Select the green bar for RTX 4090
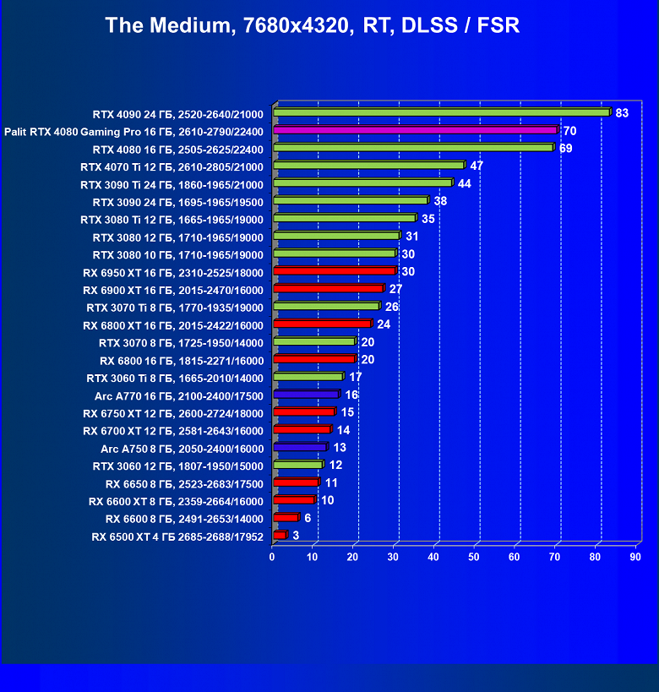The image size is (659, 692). (x=441, y=112)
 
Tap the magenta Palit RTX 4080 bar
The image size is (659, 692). (x=415, y=130)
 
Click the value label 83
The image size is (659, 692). (x=622, y=113)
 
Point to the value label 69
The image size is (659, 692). (x=566, y=148)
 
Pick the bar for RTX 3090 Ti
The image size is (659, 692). (x=362, y=183)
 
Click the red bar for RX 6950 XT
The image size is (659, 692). (x=335, y=271)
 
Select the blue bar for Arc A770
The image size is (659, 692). (x=306, y=395)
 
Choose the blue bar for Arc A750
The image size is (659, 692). (x=300, y=447)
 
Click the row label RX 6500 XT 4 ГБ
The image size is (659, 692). (x=177, y=537)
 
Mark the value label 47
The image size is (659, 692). (x=477, y=166)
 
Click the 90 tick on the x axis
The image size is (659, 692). (x=635, y=557)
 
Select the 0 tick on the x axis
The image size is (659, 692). (x=272, y=557)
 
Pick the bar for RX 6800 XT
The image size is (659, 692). (x=322, y=324)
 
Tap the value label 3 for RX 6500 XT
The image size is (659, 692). (x=296, y=536)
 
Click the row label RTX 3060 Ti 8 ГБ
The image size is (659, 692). (x=175, y=378)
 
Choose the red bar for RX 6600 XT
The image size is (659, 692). (x=294, y=500)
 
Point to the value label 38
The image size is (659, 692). (x=440, y=201)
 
